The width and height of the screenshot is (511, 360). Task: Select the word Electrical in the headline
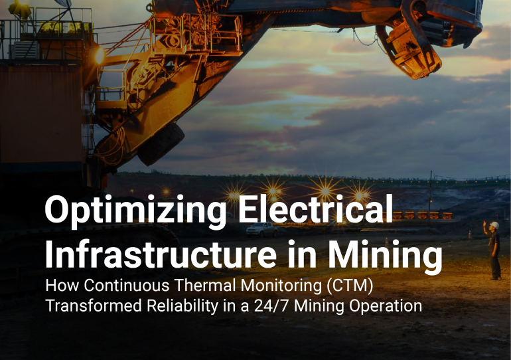pos(315,209)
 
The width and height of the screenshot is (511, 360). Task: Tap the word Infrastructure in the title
pos(161,253)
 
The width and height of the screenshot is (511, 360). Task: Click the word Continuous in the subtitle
pos(127,285)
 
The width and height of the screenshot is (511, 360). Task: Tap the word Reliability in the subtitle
pos(183,306)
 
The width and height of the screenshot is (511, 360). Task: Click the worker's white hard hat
pos(494,225)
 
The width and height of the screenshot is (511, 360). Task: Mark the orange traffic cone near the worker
pos(470,234)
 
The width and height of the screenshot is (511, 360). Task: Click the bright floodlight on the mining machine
pos(99,56)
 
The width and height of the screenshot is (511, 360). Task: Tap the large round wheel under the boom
pos(161,143)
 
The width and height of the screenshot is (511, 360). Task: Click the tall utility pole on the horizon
pos(430,198)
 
